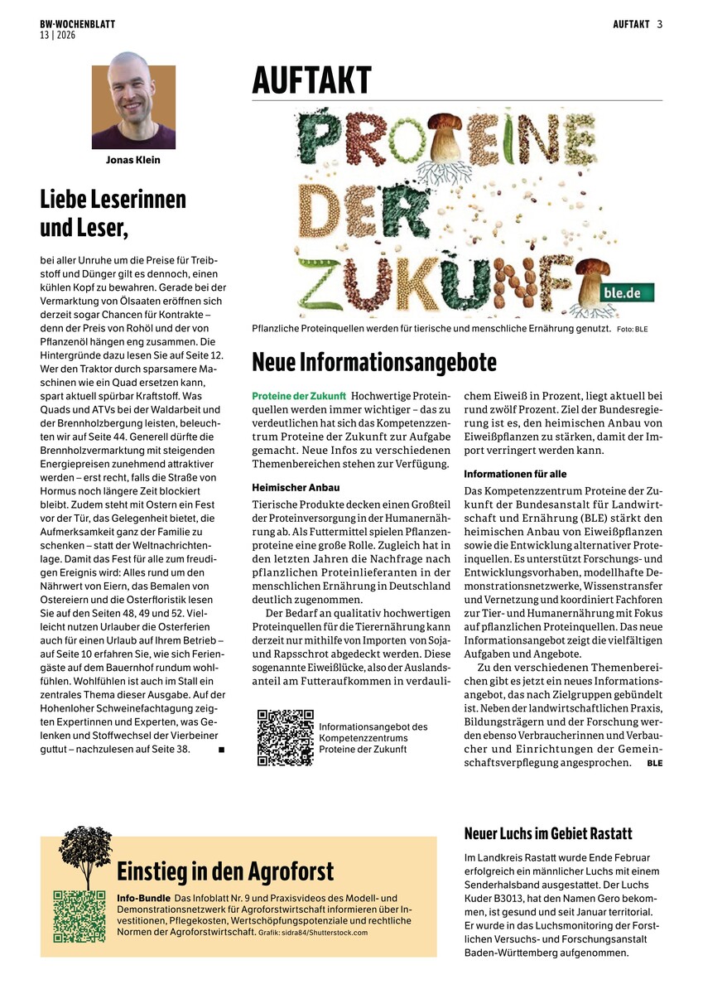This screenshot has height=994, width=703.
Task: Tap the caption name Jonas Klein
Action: point(134,160)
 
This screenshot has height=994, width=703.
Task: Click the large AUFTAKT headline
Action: point(311,81)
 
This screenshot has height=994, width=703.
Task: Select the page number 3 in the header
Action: point(660,24)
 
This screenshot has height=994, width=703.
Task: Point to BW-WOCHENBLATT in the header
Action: point(77,25)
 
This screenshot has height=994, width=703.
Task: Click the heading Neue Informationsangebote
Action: point(374,362)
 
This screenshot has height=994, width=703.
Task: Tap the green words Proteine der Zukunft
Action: point(298,396)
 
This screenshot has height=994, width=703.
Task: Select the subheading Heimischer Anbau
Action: point(296,488)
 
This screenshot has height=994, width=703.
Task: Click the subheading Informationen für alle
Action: point(515,474)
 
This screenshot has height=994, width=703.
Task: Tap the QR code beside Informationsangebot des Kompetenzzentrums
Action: point(286,737)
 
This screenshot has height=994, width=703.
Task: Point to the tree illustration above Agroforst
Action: point(85,855)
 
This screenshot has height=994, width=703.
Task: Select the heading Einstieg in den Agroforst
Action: point(225,871)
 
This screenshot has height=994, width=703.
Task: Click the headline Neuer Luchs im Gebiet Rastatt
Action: point(548,832)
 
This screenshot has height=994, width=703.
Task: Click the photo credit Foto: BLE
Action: point(632,330)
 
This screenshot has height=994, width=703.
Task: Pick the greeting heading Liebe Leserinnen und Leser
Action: point(113,212)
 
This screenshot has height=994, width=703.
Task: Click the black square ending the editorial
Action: point(222,750)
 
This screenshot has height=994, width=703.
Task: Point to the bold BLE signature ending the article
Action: point(654,763)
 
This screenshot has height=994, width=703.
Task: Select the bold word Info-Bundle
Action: point(143,899)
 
